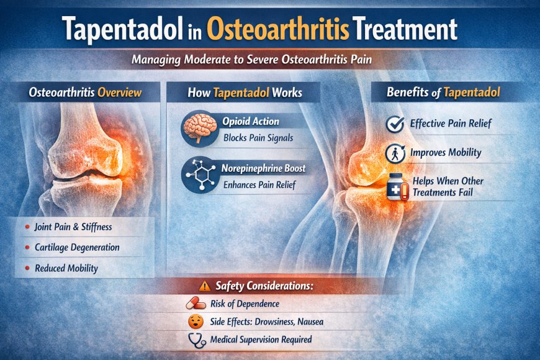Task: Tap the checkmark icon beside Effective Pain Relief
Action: [395, 124]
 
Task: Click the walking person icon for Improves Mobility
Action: [395, 153]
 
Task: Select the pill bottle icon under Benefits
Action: [395, 187]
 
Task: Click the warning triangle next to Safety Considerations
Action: [205, 287]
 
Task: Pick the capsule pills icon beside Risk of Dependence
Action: [196, 304]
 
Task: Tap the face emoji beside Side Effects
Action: [196, 322]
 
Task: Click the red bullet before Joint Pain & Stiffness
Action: [27, 228]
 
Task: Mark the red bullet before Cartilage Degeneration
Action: [27, 248]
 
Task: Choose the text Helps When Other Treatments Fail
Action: [446, 187]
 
